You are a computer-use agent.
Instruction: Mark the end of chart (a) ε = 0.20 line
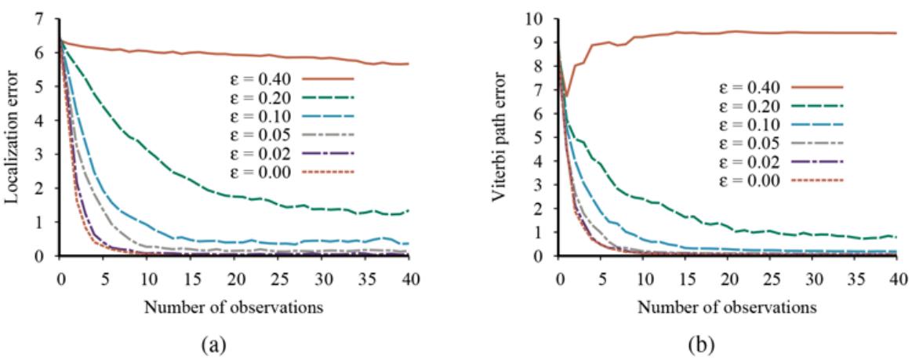coord(409,211)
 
